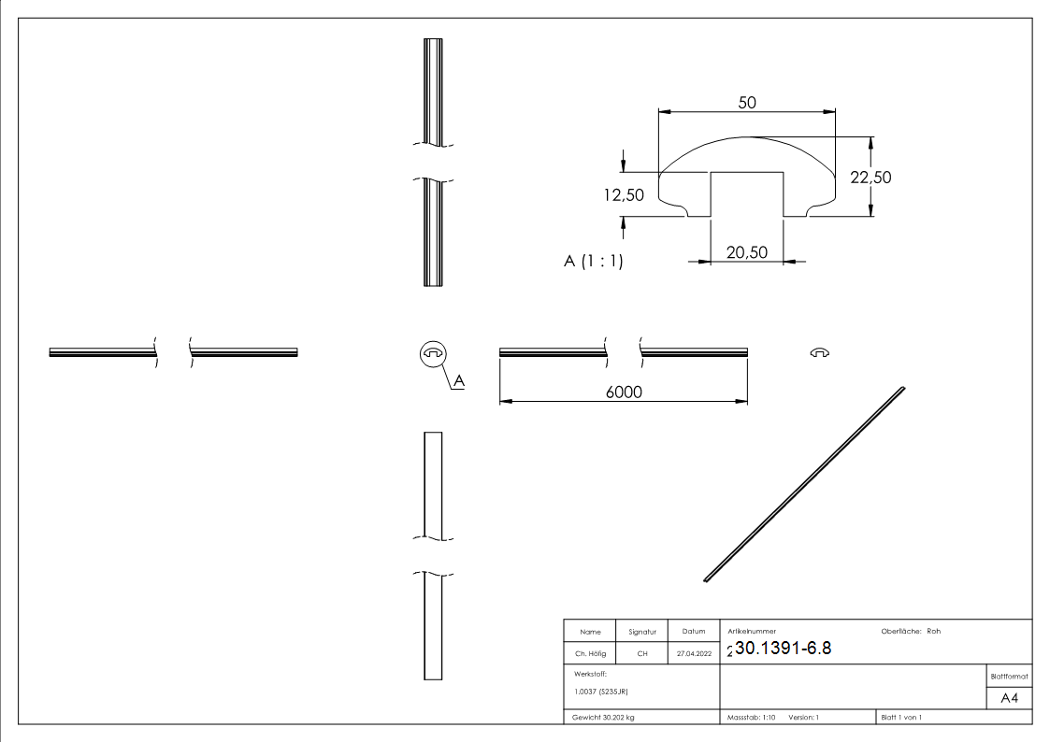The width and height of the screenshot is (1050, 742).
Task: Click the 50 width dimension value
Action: pyautogui.click(x=746, y=103)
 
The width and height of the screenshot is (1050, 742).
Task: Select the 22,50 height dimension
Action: pyautogui.click(x=870, y=178)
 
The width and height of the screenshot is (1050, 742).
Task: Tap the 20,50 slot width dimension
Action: pyautogui.click(x=746, y=252)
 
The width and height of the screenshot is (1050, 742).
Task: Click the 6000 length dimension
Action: pyautogui.click(x=624, y=392)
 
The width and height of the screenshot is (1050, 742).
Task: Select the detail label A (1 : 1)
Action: pyautogui.click(x=593, y=262)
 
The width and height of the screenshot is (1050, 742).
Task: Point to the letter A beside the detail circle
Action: pyautogui.click(x=459, y=380)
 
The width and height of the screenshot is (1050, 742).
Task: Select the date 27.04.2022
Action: pyautogui.click(x=693, y=654)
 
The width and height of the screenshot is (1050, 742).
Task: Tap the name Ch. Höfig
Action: pyautogui.click(x=590, y=654)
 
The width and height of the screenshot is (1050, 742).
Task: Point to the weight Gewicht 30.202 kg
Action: pyautogui.click(x=603, y=717)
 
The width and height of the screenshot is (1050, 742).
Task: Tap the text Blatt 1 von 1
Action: pyautogui.click(x=900, y=717)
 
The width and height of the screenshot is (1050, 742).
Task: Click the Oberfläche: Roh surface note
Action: pyautogui.click(x=910, y=631)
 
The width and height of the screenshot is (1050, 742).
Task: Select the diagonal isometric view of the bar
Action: pyautogui.click(x=804, y=484)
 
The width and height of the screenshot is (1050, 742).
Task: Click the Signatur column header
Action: pyautogui.click(x=641, y=632)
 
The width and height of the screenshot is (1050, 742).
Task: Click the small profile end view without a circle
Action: pyautogui.click(x=820, y=352)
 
